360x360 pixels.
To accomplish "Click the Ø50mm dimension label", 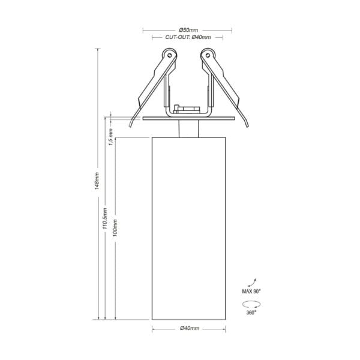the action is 188,30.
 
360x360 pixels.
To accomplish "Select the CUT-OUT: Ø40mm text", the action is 188,37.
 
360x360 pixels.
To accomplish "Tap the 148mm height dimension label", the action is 97,181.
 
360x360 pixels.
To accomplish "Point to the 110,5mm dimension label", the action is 104,218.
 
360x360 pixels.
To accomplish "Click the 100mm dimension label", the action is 115,228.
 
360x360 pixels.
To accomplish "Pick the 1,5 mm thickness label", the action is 110,137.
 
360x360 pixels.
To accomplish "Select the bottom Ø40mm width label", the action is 190,328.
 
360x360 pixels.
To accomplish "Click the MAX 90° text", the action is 251,292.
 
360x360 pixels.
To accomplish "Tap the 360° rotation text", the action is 251,313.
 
